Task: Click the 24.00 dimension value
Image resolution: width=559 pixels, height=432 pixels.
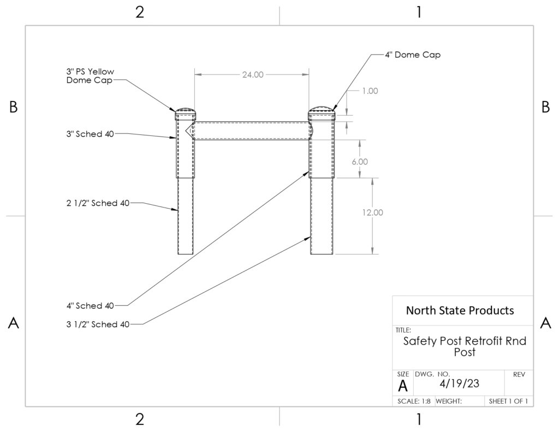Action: click(253, 75)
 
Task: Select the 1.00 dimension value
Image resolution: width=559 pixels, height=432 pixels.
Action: click(370, 91)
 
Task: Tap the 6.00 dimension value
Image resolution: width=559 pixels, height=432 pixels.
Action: click(360, 162)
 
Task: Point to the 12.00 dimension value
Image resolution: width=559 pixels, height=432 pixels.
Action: click(372, 212)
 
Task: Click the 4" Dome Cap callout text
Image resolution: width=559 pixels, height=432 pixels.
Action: click(413, 55)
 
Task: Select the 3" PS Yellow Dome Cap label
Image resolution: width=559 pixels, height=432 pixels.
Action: click(90, 76)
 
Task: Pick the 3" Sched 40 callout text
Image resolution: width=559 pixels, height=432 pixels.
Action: click(90, 134)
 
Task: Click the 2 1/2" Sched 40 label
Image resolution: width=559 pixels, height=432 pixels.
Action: click(98, 203)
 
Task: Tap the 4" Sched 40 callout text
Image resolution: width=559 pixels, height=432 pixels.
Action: click(90, 306)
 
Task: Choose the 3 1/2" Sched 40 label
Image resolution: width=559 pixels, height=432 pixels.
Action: click(98, 324)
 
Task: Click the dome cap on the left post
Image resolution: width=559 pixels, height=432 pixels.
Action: click(185, 113)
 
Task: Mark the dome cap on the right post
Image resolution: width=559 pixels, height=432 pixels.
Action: click(322, 112)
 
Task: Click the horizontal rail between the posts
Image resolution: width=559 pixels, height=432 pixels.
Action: click(252, 131)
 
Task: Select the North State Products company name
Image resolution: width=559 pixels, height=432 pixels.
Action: click(460, 310)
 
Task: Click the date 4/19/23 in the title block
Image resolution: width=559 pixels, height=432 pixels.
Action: click(460, 383)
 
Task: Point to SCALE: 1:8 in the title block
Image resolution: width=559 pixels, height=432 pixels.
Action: click(414, 401)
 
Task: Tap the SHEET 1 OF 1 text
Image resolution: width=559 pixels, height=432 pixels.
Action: click(508, 401)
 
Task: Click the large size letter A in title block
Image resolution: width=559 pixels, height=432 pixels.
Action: click(403, 386)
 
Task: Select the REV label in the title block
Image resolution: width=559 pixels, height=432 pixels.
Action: click(519, 375)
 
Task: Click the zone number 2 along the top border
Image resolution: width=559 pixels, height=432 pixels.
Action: click(140, 12)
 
